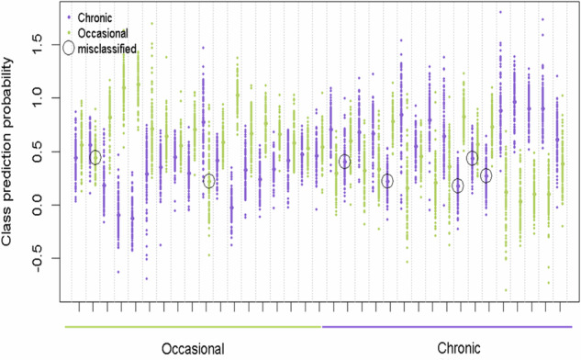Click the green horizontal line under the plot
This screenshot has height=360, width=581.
click(x=192, y=325)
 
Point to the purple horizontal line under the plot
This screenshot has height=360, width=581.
click(x=449, y=325)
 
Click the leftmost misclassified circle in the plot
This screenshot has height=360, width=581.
click(x=95, y=157)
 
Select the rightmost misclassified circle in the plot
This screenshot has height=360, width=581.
click(x=486, y=174)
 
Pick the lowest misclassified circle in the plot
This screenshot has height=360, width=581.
click(x=457, y=186)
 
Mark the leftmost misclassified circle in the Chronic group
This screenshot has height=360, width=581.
click(x=344, y=162)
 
